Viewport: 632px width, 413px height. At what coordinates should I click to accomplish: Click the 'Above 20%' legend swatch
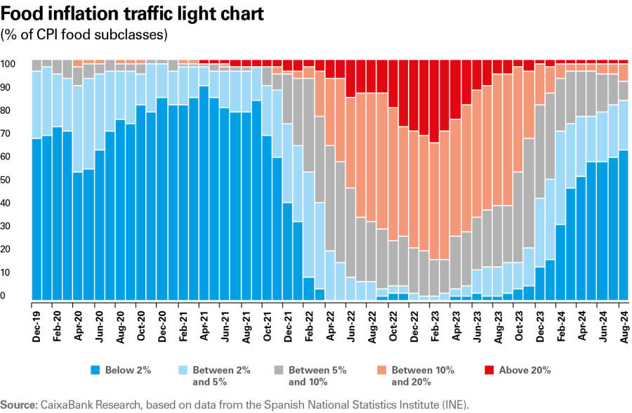click(489, 369)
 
